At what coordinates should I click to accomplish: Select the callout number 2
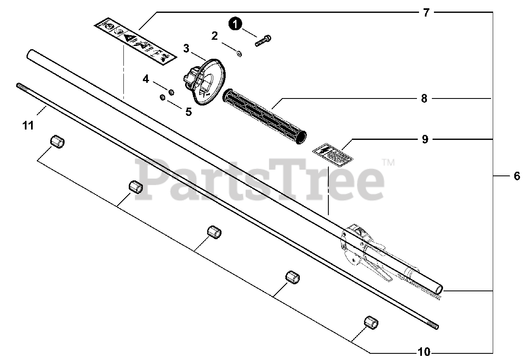[x=214, y=36]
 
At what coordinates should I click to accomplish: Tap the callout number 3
[x=186, y=49]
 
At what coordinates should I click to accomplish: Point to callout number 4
[x=146, y=79]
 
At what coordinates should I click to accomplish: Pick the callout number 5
[x=188, y=112]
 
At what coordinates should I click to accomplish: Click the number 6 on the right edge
[x=516, y=176]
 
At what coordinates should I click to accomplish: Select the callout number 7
[x=426, y=13]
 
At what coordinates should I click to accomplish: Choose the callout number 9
[x=425, y=139]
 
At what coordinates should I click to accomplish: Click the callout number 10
[x=424, y=353]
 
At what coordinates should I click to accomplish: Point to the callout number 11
[x=28, y=125]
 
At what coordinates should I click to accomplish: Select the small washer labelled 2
[x=239, y=53]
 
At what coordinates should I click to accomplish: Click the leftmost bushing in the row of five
[x=58, y=142]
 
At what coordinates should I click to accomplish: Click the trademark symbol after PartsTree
[x=388, y=163]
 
